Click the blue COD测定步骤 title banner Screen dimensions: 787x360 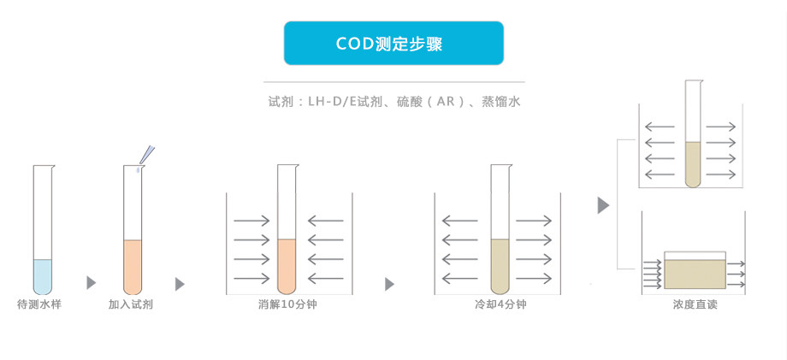(393, 43)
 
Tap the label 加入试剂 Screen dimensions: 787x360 (131, 304)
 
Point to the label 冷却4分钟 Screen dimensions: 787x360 (500, 304)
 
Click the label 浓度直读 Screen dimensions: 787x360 (695, 304)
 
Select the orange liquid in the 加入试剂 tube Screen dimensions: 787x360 (132, 265)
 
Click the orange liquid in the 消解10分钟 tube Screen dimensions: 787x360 (287, 265)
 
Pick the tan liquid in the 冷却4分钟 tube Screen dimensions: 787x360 (500, 265)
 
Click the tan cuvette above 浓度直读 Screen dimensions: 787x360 (695, 274)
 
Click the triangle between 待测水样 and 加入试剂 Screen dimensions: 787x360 (91, 283)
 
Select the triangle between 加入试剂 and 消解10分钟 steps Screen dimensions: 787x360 (179, 283)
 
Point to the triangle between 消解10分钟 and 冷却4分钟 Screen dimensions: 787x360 (390, 283)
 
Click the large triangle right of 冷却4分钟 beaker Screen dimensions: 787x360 (603, 205)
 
